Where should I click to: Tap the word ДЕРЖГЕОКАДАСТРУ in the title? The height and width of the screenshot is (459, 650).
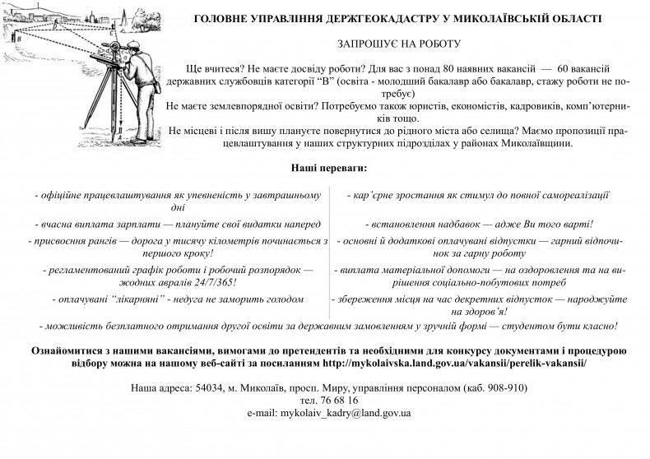[x=361, y=17]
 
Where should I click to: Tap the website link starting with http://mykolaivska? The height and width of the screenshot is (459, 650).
[x=455, y=363]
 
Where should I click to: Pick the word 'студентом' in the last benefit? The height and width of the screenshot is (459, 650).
[x=517, y=325]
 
